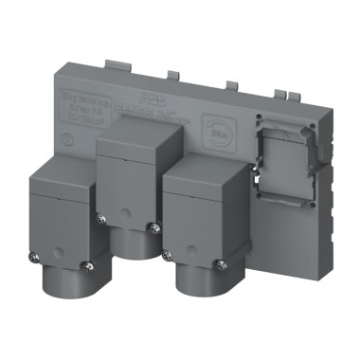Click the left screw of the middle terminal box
101,218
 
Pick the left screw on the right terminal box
168,256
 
